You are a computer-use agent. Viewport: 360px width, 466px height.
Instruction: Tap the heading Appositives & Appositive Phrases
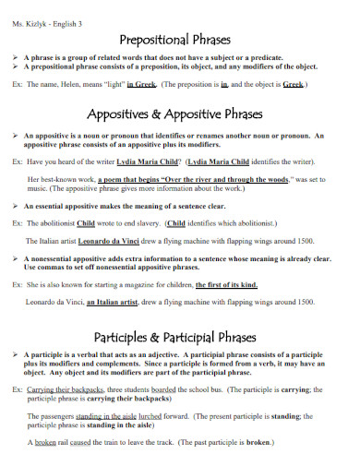179,115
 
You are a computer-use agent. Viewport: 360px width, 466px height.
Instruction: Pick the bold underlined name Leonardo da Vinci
126,241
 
